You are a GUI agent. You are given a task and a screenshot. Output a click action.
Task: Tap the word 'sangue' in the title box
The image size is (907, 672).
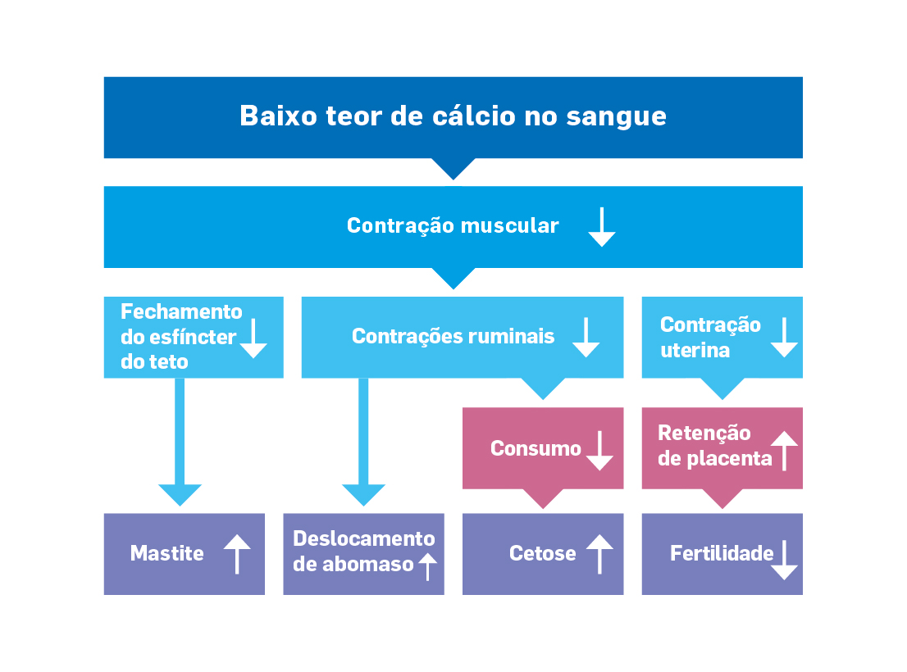(x=616, y=117)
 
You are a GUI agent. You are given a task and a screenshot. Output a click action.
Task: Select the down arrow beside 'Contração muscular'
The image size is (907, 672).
(x=602, y=227)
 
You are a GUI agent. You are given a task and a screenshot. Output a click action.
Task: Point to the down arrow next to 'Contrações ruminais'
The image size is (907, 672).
(x=586, y=337)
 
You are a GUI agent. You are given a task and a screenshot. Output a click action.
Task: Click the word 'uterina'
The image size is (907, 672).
(x=695, y=350)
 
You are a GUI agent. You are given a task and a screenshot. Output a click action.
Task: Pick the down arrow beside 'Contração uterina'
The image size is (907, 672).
(x=784, y=337)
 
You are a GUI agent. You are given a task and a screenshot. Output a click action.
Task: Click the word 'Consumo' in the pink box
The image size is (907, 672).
(x=536, y=448)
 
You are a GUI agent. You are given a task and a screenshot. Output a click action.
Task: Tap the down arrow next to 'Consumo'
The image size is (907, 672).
(x=599, y=451)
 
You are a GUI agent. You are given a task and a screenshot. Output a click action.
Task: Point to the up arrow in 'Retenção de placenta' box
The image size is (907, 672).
(x=784, y=451)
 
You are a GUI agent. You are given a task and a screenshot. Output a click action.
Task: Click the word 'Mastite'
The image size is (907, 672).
(x=167, y=553)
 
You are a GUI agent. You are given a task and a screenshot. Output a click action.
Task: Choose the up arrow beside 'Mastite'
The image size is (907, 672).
(x=237, y=554)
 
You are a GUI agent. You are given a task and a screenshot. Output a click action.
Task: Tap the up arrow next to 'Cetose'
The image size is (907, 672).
(x=599, y=554)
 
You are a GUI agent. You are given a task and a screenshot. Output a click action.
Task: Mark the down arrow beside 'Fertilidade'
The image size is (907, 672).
(x=784, y=560)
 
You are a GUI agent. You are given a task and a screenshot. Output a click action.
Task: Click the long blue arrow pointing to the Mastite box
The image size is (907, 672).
(x=180, y=442)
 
